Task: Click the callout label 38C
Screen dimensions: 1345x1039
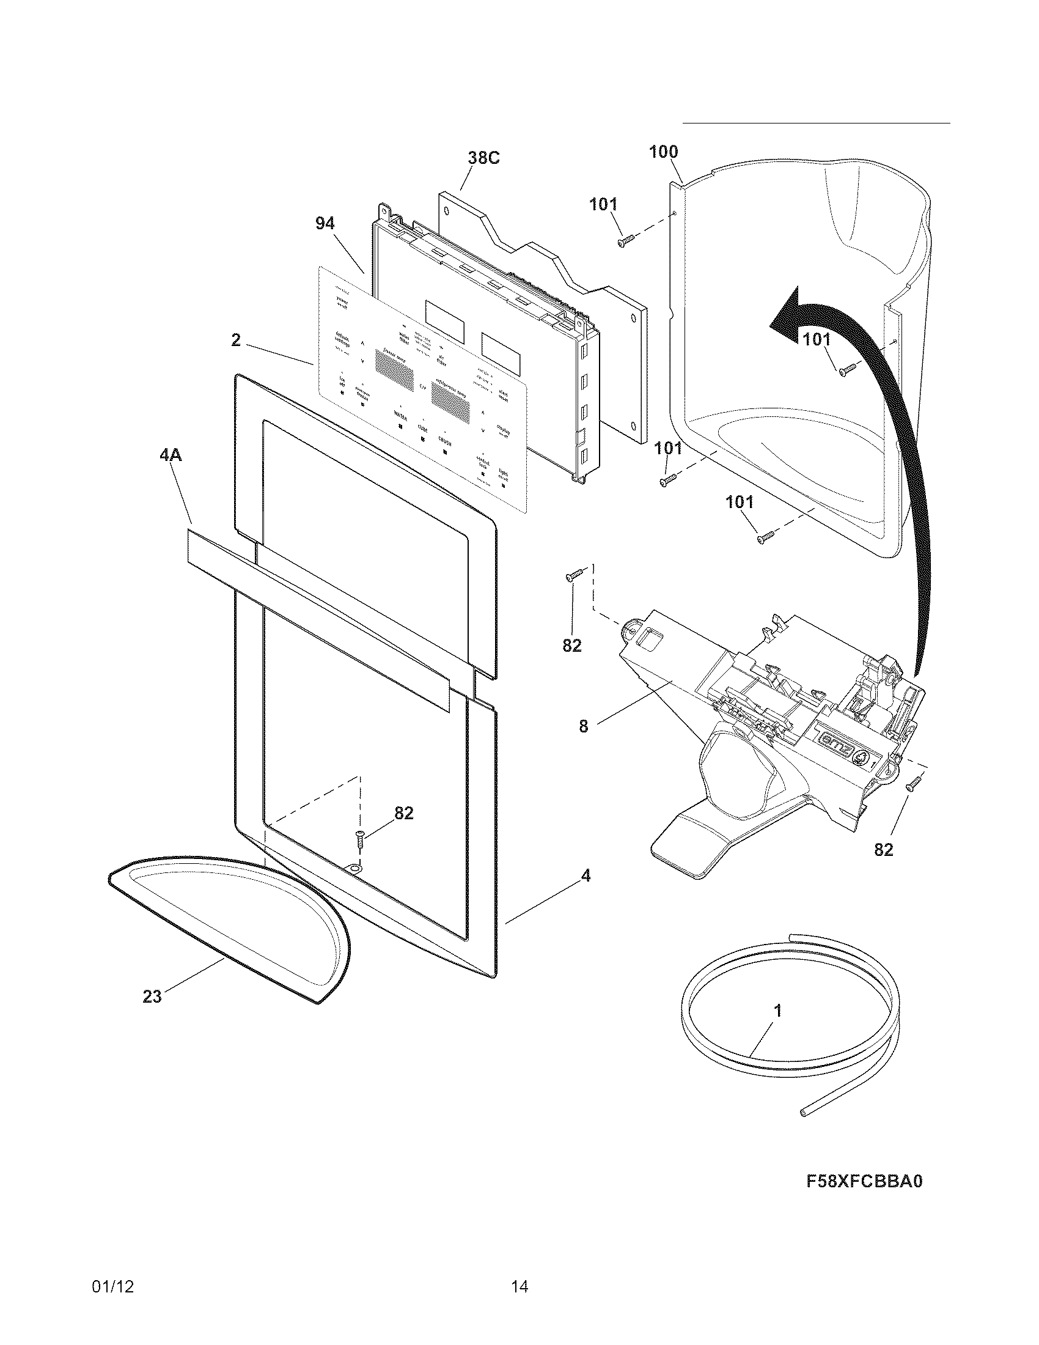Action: (483, 158)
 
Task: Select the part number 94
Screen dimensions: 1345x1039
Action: (325, 224)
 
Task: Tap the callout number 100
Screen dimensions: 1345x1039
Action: (664, 152)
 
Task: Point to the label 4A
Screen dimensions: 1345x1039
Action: (171, 455)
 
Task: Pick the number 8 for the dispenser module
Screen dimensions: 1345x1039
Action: (584, 727)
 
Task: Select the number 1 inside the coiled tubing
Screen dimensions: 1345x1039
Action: (777, 1011)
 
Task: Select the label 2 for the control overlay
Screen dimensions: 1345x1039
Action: (236, 340)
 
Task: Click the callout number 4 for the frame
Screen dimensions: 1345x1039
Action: (586, 875)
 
